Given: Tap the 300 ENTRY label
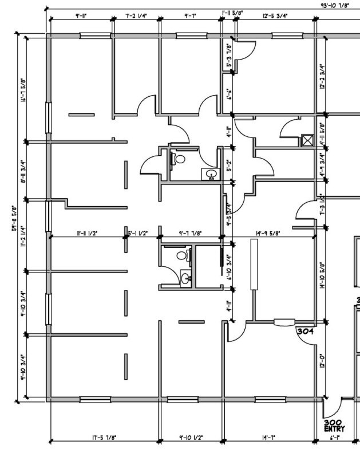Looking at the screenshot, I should pyautogui.click(x=335, y=424).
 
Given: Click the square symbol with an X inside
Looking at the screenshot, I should pyautogui.click(x=307, y=140).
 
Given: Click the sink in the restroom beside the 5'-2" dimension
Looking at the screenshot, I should pyautogui.click(x=210, y=174).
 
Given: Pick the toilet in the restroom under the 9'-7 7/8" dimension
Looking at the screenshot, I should pyautogui.click(x=183, y=256).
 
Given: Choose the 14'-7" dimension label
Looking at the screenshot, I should pyautogui.click(x=268, y=438).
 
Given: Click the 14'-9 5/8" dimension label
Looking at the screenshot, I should pyautogui.click(x=268, y=233).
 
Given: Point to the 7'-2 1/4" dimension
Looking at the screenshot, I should pyautogui.click(x=136, y=16).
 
